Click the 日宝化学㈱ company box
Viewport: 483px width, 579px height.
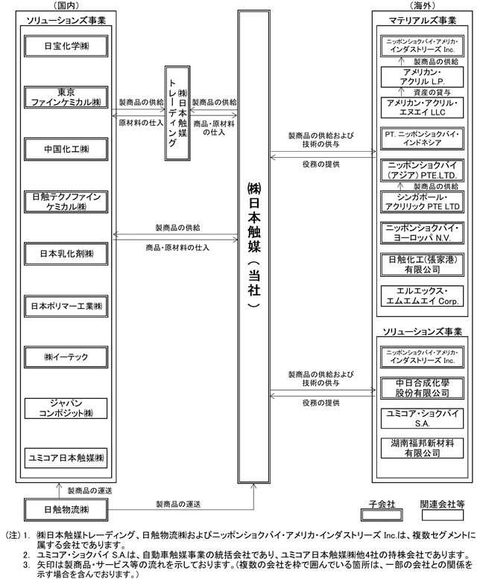66,46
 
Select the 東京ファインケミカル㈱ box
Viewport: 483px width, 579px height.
66,97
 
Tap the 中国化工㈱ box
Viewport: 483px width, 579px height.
66,149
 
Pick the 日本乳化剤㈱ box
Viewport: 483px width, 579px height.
66,254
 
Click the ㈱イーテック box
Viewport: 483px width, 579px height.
66,357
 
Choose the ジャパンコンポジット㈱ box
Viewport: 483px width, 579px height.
66,408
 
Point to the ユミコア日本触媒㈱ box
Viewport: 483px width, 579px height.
66,458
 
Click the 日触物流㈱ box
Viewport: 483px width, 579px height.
66,510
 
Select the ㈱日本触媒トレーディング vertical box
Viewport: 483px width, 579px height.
177,113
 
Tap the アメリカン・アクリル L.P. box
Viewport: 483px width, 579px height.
422,77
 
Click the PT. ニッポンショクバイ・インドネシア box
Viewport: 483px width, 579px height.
422,138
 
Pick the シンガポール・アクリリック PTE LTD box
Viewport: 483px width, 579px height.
422,202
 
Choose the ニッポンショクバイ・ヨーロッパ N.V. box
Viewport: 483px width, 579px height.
422,233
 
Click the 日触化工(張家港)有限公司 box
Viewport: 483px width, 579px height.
422,265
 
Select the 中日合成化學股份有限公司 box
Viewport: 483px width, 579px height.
422,388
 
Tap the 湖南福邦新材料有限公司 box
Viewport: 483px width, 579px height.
422,448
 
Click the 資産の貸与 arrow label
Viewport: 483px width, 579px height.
432,92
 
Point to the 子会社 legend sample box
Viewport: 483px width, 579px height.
382,515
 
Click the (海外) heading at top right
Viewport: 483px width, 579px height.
423,5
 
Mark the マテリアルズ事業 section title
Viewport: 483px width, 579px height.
423,20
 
